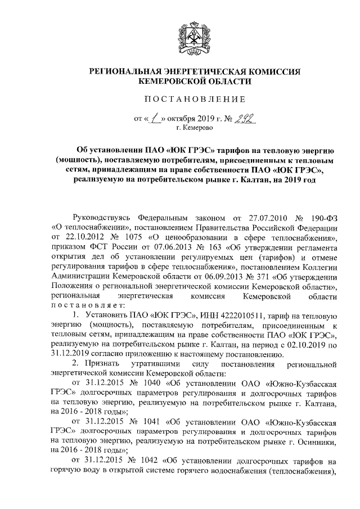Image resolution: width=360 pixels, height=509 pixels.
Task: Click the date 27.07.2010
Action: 253,219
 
